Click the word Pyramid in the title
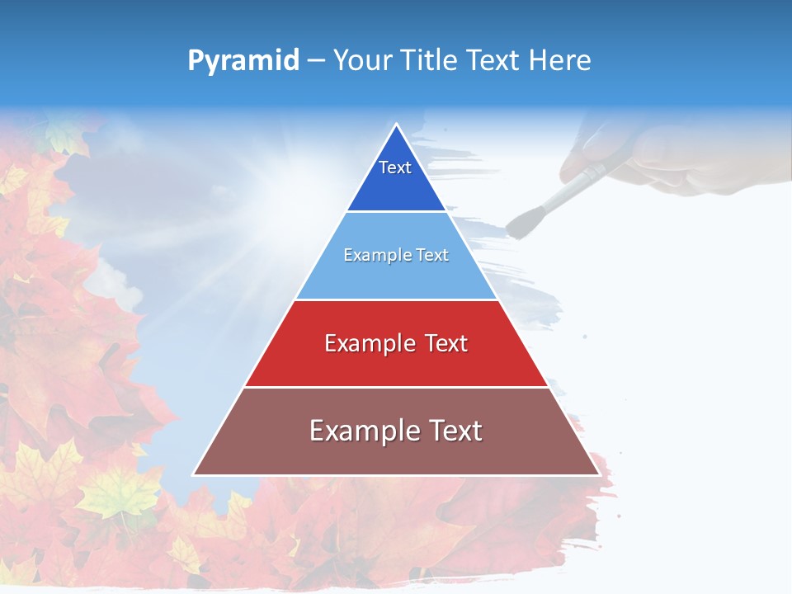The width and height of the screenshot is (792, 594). pyautogui.click(x=243, y=60)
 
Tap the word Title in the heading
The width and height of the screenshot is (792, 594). pyautogui.click(x=433, y=60)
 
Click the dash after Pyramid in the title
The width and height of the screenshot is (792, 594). pyautogui.click(x=316, y=61)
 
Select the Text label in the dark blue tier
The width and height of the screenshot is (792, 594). pyautogui.click(x=395, y=167)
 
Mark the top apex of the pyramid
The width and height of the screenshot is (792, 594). pyautogui.click(x=396, y=125)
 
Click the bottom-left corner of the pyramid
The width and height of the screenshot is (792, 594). pyautogui.click(x=193, y=475)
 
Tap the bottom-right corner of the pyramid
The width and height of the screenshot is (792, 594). pyautogui.click(x=599, y=475)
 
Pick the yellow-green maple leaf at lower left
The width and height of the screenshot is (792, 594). pyautogui.click(x=120, y=495)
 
